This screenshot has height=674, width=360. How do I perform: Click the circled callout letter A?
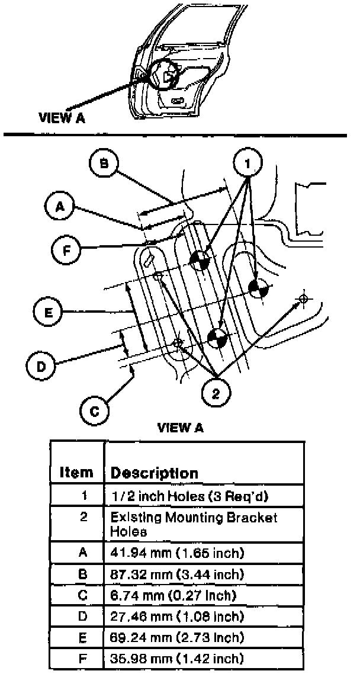coord(60,207)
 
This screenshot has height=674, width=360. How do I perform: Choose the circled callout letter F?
coord(66,249)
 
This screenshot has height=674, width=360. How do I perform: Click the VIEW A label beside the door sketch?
coord(62,117)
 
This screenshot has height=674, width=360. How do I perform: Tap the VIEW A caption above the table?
coord(181,428)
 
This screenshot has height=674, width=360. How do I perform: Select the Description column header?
coord(155,473)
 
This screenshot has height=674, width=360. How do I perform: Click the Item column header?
coord(76,473)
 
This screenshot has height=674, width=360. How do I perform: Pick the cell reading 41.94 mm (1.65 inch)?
coord(178,553)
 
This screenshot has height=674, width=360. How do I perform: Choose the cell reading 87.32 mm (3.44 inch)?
coord(178,574)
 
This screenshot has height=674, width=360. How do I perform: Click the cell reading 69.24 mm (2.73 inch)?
coord(178,638)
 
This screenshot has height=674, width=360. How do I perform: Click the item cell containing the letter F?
coord(83,659)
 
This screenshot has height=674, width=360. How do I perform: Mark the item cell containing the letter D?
coord(83,617)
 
